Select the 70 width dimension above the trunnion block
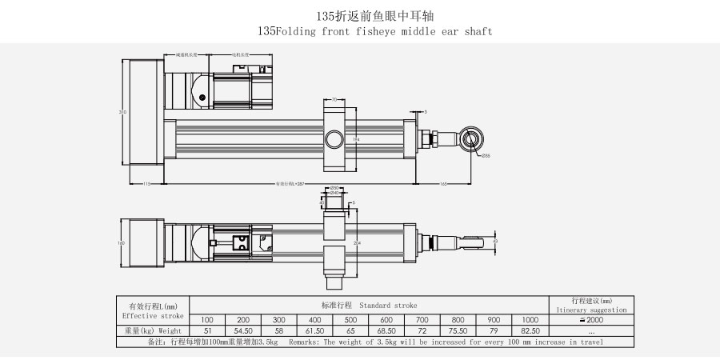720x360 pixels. click(334, 100)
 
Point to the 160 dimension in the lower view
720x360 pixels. click(122, 242)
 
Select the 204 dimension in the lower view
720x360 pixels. click(356, 241)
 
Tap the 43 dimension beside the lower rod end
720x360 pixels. click(496, 240)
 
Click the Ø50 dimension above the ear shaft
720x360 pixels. click(335, 188)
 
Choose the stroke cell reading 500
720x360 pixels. click(350, 319)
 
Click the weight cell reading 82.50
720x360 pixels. click(530, 330)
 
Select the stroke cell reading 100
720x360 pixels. click(207, 319)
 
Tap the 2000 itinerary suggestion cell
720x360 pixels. click(590, 319)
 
